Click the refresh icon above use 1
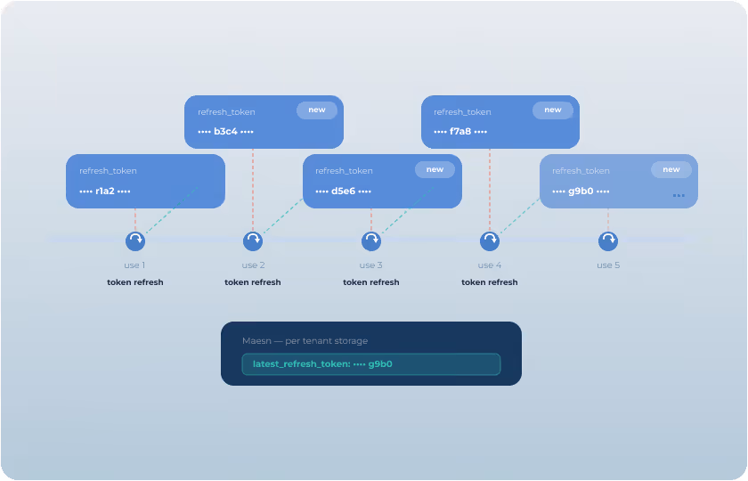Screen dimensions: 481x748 tap(134, 240)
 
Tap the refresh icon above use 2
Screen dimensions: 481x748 tap(253, 240)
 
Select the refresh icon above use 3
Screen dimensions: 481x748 tap(371, 240)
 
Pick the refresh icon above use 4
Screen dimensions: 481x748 tap(490, 240)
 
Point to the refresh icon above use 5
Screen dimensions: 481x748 tap(608, 240)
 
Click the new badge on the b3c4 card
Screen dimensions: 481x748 tap(317, 110)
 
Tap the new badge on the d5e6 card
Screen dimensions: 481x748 tap(435, 169)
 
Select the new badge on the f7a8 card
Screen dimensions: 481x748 tap(553, 110)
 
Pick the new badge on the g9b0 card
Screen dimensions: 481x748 tap(671, 169)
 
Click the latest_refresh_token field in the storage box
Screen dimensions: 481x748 tap(370, 364)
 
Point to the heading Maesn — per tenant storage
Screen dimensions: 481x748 tap(305, 341)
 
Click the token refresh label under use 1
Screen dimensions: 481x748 tap(134, 282)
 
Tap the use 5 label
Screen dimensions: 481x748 tap(608, 265)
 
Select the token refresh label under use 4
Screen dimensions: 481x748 tap(489, 282)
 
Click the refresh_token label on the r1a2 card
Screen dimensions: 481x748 tap(108, 171)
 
